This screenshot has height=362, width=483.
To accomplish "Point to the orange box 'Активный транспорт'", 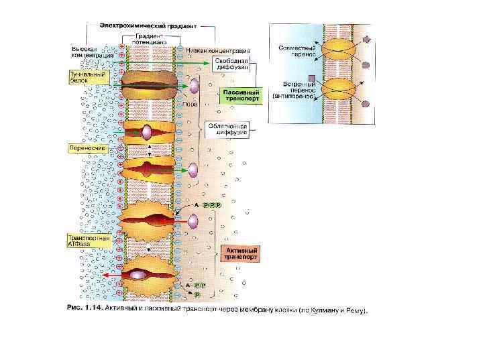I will [x=238, y=253].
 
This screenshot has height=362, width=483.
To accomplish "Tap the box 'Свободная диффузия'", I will [x=232, y=64].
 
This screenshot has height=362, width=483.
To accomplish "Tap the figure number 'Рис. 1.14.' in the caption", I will [x=87, y=310].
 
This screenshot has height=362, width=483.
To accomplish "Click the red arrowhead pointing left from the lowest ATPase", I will [x=107, y=275].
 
